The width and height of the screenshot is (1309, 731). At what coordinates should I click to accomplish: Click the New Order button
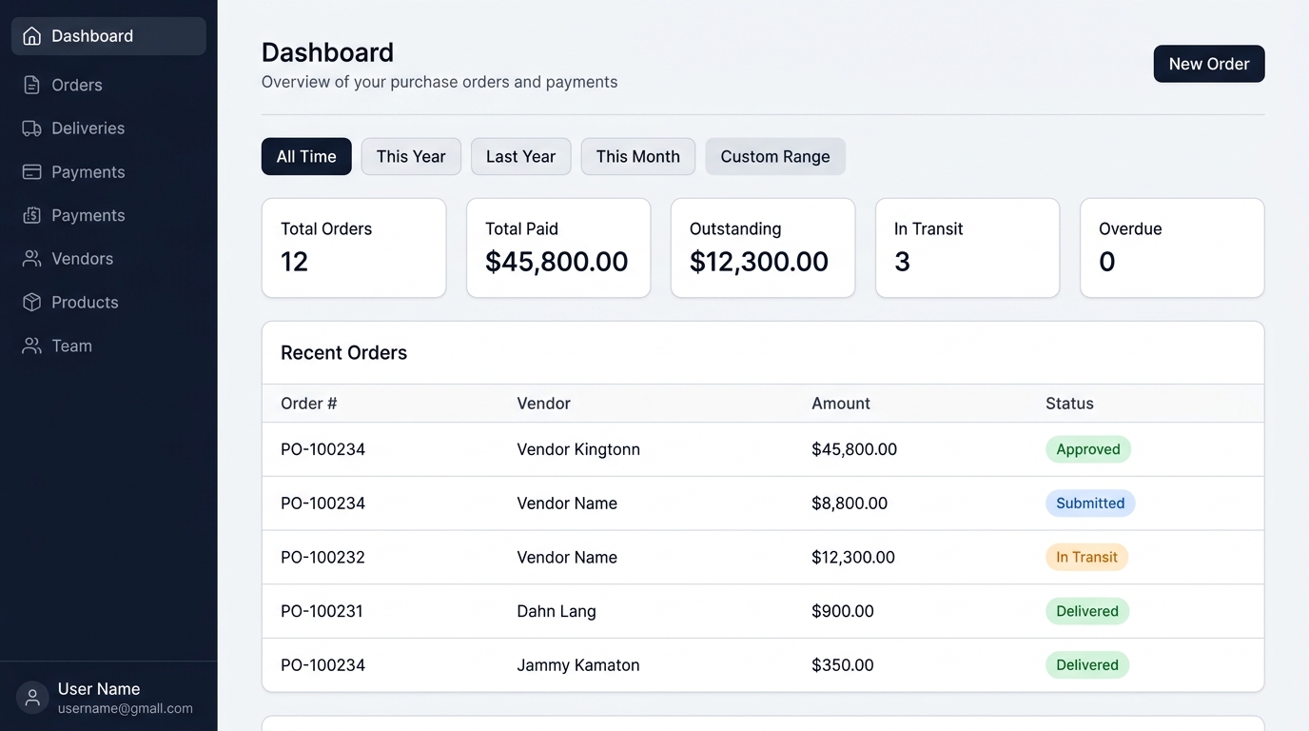1208,64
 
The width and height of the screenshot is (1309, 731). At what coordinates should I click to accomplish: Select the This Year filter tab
411,156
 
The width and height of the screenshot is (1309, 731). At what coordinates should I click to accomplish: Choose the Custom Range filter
775,156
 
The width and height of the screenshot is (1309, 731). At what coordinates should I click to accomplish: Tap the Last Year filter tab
520,156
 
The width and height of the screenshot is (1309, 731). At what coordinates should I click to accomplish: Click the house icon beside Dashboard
31,35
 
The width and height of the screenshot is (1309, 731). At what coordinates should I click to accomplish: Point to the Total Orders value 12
294,262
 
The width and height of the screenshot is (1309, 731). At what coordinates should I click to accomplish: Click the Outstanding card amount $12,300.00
758,262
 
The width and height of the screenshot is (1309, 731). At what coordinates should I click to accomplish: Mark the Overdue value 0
1106,262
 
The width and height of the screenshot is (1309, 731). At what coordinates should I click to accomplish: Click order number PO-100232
322,557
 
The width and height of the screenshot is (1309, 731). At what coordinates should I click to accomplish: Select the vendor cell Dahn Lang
557,611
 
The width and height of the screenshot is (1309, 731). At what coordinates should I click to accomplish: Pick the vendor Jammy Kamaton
578,665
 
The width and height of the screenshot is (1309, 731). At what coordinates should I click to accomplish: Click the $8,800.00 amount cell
850,503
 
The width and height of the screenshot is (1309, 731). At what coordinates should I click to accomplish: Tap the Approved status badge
1088,449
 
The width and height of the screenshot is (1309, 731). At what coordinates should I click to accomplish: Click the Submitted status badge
1090,503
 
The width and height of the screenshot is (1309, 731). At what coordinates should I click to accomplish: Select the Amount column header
840,404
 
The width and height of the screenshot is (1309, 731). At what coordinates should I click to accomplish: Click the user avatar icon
32,697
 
